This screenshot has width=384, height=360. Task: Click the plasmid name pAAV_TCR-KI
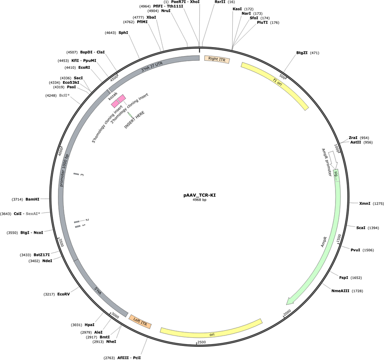click(200, 195)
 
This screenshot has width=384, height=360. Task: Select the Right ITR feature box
click(217, 59)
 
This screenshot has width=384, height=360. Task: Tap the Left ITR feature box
click(140, 322)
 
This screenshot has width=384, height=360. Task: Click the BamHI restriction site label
click(32, 199)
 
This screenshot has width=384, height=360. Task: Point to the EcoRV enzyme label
click(63, 294)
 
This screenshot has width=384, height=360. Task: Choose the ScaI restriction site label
click(361, 228)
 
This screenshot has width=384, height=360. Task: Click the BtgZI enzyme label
click(302, 53)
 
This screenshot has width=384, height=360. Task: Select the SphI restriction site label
click(123, 33)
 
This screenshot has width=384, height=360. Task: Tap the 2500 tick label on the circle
click(202, 342)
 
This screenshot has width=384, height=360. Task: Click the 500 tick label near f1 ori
click(282, 77)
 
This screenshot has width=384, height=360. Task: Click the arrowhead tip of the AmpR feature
click(287, 304)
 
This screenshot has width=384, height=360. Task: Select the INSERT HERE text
click(134, 120)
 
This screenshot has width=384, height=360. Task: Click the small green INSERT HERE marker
click(130, 115)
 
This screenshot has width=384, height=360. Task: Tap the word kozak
click(113, 96)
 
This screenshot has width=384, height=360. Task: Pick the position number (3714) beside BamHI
click(17, 199)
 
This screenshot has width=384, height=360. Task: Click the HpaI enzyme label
click(89, 325)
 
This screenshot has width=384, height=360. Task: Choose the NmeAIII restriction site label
click(341, 291)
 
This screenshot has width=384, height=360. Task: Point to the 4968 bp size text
click(200, 200)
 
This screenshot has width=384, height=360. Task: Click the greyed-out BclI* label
click(64, 96)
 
